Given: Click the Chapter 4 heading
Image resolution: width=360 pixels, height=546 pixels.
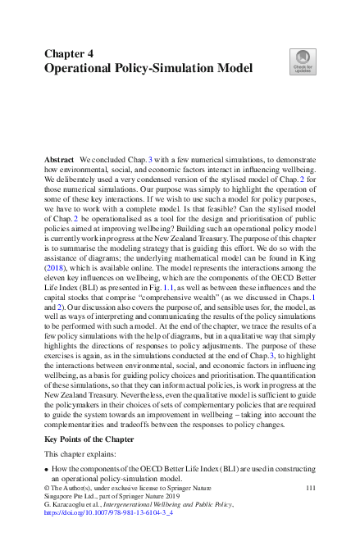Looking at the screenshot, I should tap(69, 53).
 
